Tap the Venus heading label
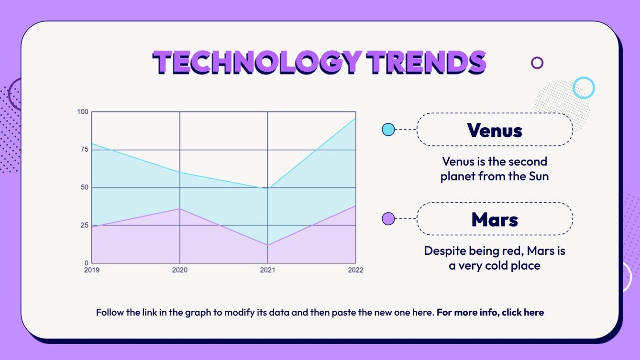(495, 130)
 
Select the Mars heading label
(495, 219)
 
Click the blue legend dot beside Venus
(388, 130)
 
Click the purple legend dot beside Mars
(388, 219)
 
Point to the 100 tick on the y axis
(83, 112)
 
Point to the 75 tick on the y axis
(85, 150)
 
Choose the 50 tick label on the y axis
(85, 187)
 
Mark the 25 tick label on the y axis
(85, 225)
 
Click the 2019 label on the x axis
(92, 270)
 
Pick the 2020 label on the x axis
(180, 270)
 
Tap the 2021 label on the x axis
(267, 270)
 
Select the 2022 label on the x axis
(355, 270)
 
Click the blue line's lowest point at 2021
(267, 188)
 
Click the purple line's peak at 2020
(180, 208)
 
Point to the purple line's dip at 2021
(267, 245)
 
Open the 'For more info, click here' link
(490, 313)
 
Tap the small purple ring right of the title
(537, 63)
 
